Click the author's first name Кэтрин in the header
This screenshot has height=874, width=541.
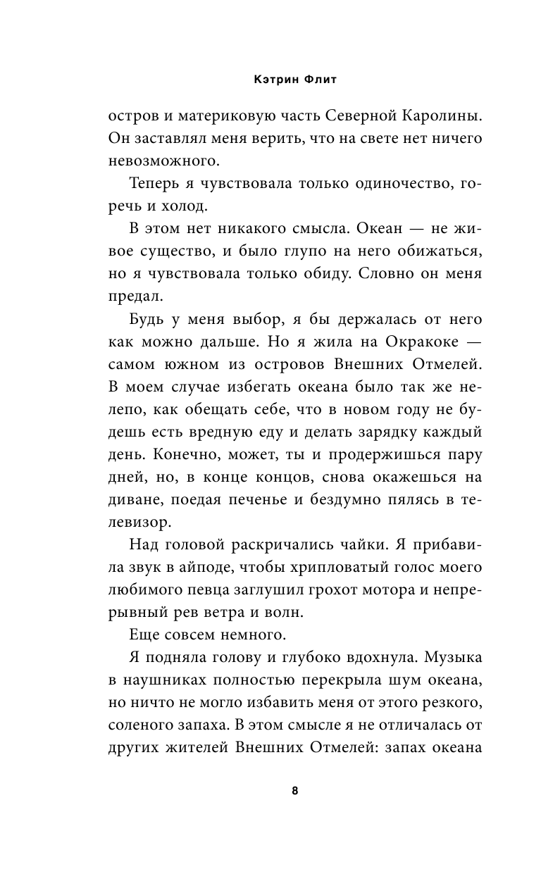273,80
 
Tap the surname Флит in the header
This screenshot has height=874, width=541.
317,80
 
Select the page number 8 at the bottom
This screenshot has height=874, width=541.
294,790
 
